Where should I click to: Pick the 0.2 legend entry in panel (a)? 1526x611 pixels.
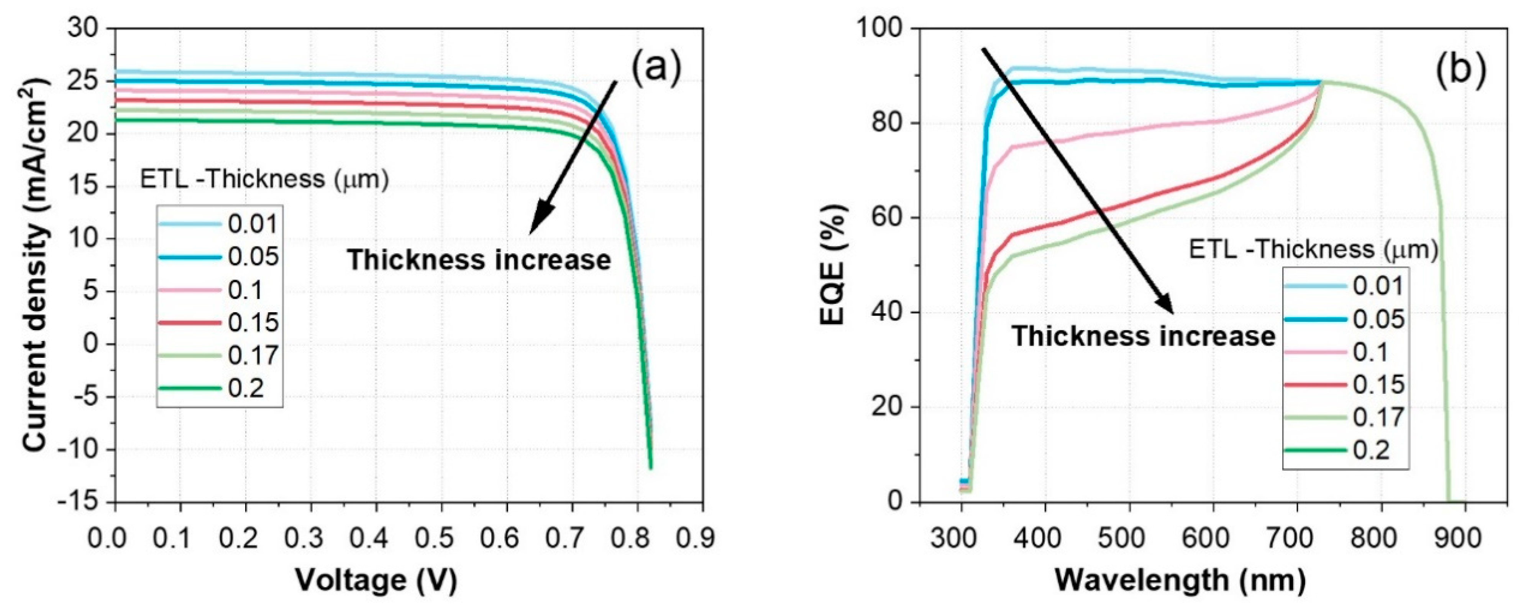tap(246, 389)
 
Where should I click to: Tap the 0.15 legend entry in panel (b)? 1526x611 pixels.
tap(1378, 385)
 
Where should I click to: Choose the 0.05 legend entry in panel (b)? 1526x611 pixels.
tap(1378, 319)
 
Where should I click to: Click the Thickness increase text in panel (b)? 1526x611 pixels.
tap(1143, 336)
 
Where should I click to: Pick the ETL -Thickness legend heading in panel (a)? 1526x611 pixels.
tap(264, 179)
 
